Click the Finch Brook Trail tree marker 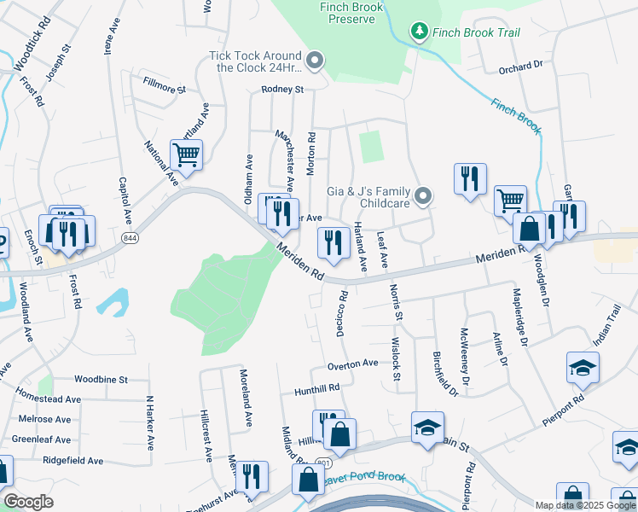pos(418,32)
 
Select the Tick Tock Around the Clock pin pos(315,60)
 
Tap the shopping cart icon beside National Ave pos(185,155)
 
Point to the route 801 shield pos(322,462)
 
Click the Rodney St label pos(281,90)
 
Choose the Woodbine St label pos(100,379)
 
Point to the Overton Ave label pos(352,364)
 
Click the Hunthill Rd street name pos(316,387)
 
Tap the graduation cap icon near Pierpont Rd pos(583,367)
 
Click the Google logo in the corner pos(28,502)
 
